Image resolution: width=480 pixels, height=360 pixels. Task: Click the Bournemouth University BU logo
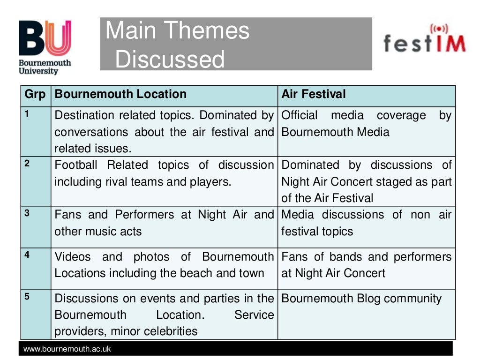click(x=45, y=47)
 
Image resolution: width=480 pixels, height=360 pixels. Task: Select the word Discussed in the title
click(x=170, y=60)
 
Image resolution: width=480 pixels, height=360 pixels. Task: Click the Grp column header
click(x=35, y=94)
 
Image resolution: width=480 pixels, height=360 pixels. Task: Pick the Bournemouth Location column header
click(x=120, y=94)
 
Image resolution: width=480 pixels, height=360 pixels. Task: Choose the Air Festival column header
click(x=313, y=94)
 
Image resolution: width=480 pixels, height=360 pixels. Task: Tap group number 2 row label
click(x=27, y=164)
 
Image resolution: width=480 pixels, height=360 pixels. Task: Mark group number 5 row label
click(x=27, y=297)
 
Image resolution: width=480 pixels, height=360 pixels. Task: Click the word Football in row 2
click(x=76, y=165)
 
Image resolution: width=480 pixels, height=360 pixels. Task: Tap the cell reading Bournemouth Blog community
click(x=361, y=299)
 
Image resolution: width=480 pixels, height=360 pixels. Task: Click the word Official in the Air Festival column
click(x=300, y=115)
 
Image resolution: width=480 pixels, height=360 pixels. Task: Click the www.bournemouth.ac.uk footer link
click(x=67, y=349)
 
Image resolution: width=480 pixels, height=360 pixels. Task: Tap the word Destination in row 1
click(x=84, y=115)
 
